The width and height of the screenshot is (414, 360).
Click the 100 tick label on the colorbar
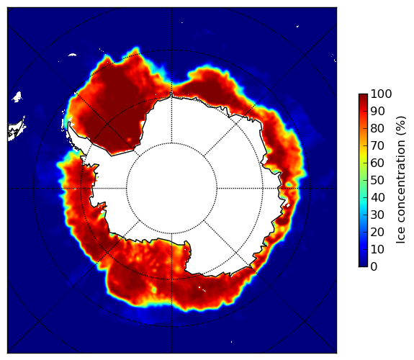click(381, 94)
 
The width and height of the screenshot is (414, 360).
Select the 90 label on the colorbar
click(377, 111)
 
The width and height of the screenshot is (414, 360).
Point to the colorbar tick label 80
click(377, 128)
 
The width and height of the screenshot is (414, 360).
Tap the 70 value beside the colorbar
click(377, 145)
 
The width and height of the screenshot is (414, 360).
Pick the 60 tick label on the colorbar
click(377, 163)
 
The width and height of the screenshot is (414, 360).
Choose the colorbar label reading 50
click(377, 180)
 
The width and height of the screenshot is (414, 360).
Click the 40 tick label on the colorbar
click(377, 197)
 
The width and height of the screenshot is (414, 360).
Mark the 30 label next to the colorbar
click(377, 215)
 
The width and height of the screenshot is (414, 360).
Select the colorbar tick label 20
click(377, 232)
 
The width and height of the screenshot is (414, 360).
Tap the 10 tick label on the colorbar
click(377, 249)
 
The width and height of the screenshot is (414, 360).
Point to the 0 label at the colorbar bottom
click(374, 266)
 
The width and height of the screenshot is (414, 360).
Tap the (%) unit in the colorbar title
click(401, 126)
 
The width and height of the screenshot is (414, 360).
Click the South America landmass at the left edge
click(16, 131)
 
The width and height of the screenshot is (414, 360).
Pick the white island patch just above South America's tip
click(17, 97)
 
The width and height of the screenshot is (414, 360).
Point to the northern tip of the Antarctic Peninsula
click(69, 123)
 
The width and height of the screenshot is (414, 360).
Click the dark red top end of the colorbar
click(363, 96)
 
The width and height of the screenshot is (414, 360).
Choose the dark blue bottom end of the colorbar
click(363, 265)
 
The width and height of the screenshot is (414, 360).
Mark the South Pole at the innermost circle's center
click(172, 189)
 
